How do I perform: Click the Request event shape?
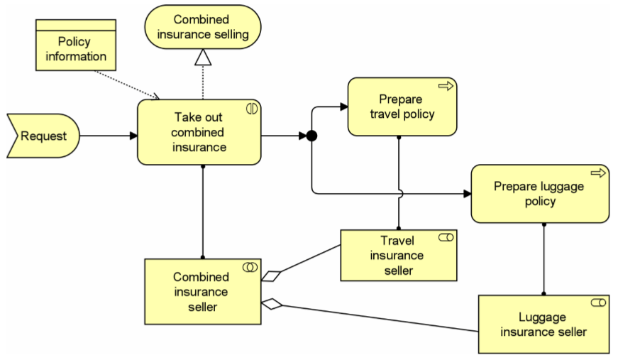pos(43,136)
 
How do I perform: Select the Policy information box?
pos(76,45)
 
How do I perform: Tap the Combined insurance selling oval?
pos(203,27)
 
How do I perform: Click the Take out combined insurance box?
pos(199,132)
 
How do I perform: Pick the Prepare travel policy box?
pos(402,107)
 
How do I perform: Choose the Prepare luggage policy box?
pos(540,194)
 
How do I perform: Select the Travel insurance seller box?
pos(399,256)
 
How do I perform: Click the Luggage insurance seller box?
pos(544,324)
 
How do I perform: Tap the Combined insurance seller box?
pos(203,292)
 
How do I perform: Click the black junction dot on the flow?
pos(311,136)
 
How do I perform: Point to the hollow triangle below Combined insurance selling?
pos(203,58)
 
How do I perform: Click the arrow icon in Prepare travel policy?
pos(446,86)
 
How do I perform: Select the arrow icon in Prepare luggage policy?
pos(598,173)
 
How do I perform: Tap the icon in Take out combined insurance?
pos(252,109)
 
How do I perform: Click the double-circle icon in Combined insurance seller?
pos(250,268)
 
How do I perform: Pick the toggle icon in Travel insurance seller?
pos(446,237)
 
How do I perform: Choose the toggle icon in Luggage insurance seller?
pos(598,302)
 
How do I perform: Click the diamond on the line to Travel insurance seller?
pos(271,276)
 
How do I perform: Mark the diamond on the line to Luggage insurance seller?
pos(272,304)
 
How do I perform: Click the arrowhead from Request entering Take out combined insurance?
pos(133,136)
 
